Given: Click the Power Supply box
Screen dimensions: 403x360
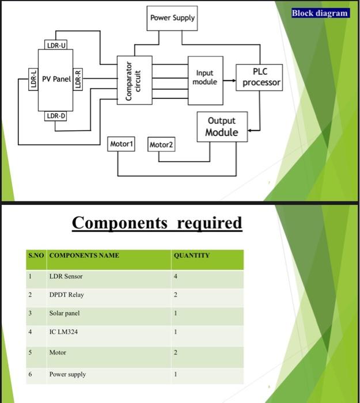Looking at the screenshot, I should [172, 18].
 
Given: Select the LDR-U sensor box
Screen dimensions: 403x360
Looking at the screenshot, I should [56, 44].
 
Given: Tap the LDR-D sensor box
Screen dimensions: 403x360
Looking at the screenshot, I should [56, 116].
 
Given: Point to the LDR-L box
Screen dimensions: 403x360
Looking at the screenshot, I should [33, 79].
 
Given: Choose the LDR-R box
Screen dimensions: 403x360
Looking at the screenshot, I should [79, 79].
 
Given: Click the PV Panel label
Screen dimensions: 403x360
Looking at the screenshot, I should [55, 79].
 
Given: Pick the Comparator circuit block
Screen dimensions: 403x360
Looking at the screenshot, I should [134, 81].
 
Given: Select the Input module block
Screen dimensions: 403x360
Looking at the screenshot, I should [205, 78].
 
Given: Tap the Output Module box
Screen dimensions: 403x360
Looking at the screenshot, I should [222, 127].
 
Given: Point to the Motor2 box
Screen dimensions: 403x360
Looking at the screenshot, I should [161, 145].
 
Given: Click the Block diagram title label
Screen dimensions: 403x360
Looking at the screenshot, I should [320, 13].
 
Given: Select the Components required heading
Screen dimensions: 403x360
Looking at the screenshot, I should [157, 222].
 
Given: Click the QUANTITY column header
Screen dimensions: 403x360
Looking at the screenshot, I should [191, 255].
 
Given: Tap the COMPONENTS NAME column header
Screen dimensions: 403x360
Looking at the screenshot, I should [84, 255].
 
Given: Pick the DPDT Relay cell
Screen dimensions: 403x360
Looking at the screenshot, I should [66, 295].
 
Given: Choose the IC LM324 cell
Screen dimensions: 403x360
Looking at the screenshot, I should [65, 332].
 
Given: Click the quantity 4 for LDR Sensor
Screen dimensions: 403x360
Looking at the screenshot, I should [176, 276].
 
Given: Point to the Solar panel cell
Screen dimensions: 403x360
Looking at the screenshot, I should [65, 313].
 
